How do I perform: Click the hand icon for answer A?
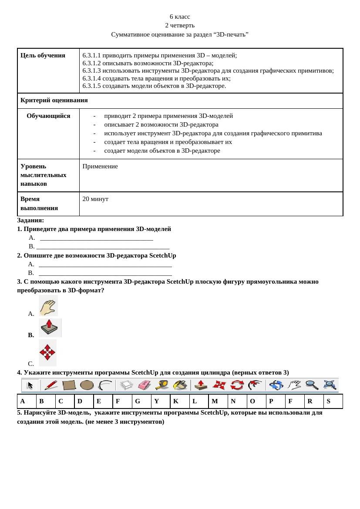coord(48,305)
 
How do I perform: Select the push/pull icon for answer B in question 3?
coord(50,328)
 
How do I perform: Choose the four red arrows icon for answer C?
coord(47,352)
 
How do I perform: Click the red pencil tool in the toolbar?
coord(51,385)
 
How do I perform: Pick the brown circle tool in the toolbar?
coord(87,385)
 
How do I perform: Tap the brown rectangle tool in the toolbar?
coord(69,385)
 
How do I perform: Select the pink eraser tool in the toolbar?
coord(144,385)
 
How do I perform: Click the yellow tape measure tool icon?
coord(162,385)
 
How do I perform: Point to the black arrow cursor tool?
coord(30,385)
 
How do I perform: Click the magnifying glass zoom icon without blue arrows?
coord(312,385)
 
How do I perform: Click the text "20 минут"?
coord(95,199)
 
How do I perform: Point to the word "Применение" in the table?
coord(100,166)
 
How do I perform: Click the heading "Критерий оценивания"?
coord(54,100)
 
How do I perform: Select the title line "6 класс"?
coord(180,17)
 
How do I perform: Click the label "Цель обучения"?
coord(43,55)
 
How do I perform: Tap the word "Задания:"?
coord(30,220)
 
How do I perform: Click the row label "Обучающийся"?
coord(48,116)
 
